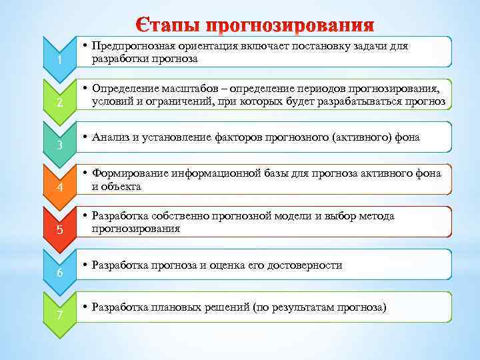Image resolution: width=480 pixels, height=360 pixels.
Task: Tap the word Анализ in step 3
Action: pos(112,138)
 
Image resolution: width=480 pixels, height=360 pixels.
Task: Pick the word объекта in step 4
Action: pos(121,187)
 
